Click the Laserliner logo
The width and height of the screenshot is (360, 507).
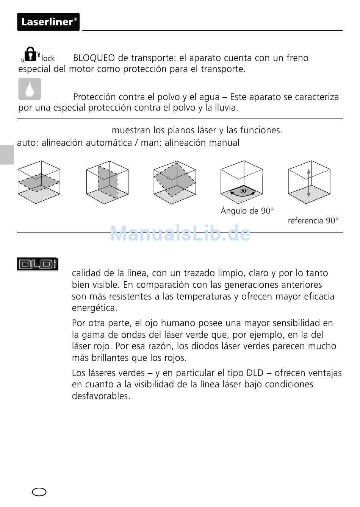(x=48, y=22)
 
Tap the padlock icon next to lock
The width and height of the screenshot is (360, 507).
(x=31, y=54)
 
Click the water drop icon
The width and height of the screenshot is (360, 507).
(x=30, y=89)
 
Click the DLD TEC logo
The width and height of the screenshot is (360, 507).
(x=38, y=264)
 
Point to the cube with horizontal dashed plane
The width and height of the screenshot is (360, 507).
(x=39, y=182)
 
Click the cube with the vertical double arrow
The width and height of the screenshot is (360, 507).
(x=309, y=183)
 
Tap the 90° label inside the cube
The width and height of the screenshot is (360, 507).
(x=244, y=191)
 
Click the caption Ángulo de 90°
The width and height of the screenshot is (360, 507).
(x=247, y=211)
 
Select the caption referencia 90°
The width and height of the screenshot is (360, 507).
(x=313, y=221)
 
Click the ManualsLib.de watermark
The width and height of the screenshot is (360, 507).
(x=180, y=234)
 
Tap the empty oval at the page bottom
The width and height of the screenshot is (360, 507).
(x=39, y=492)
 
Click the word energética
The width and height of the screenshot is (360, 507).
(x=94, y=308)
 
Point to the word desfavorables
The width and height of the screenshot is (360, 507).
(x=101, y=396)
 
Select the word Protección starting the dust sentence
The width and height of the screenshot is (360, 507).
(x=95, y=97)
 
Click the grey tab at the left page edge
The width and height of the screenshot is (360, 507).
(x=6, y=154)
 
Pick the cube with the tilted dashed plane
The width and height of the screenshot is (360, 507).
(x=175, y=182)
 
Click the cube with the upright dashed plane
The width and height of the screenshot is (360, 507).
(x=107, y=182)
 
